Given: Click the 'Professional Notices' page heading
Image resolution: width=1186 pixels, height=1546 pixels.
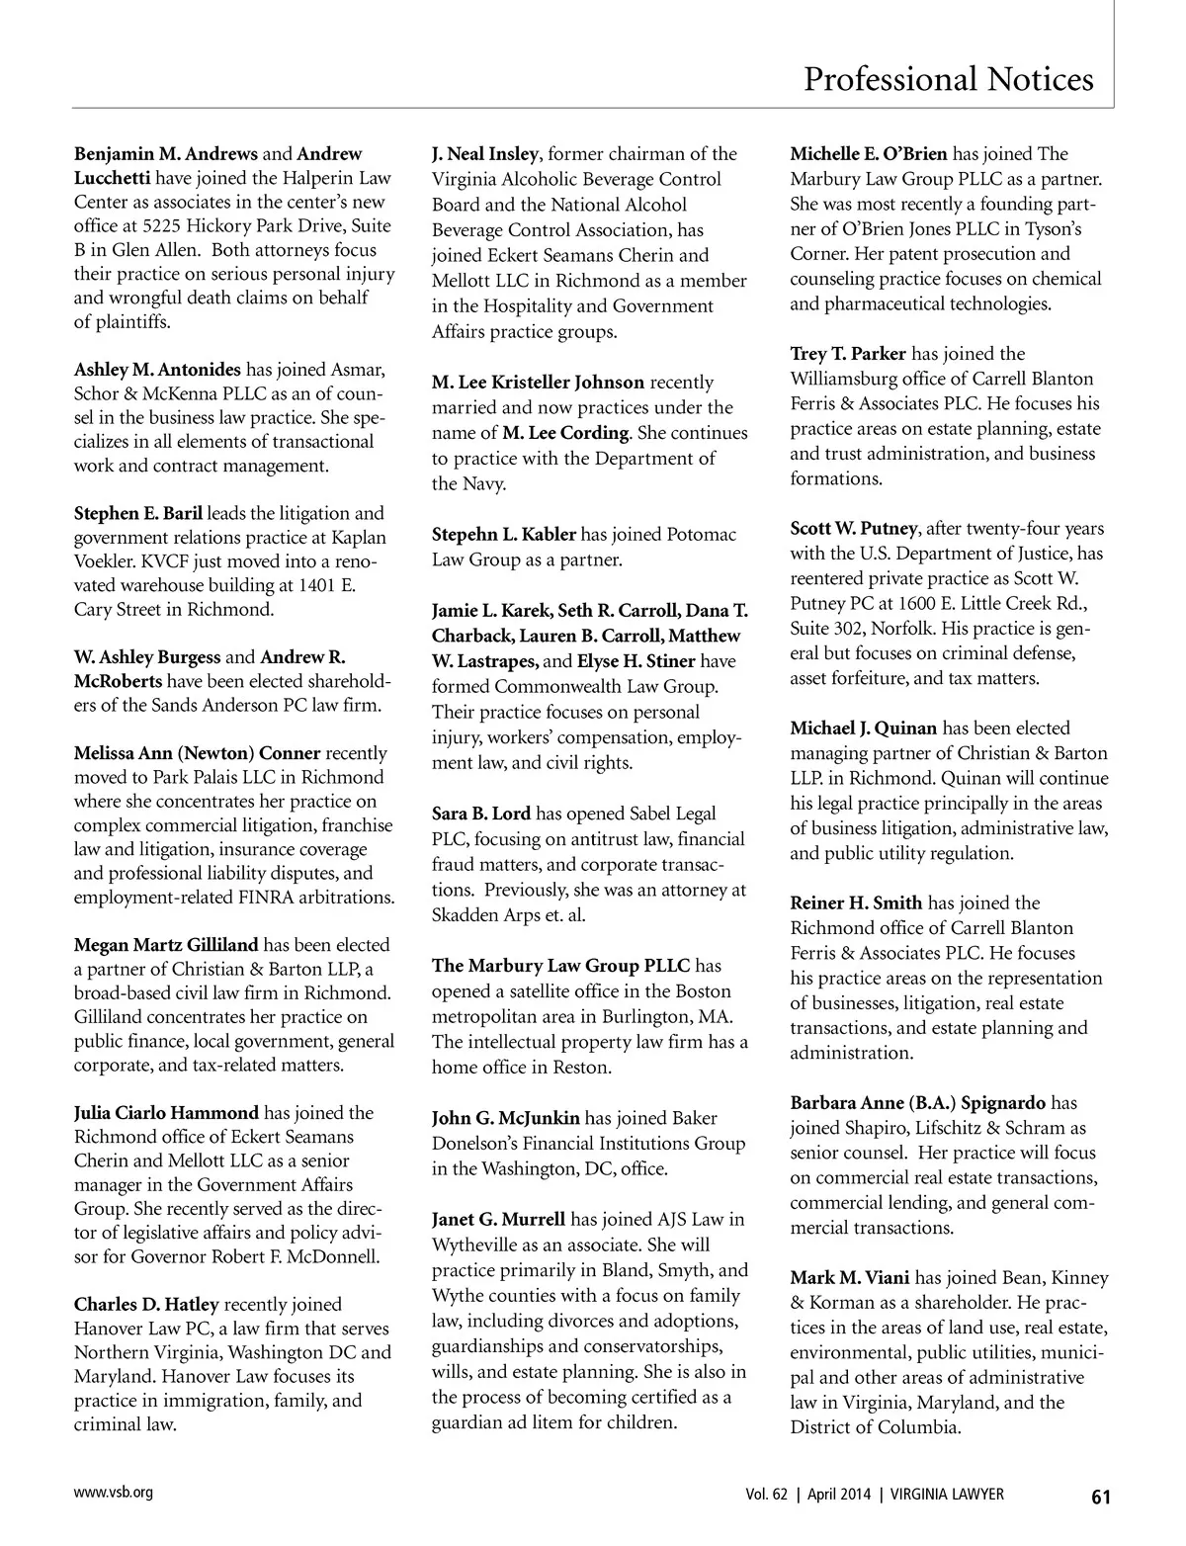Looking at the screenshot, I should pyautogui.click(x=948, y=78).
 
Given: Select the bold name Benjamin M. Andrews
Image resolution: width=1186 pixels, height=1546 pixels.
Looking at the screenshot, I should pyautogui.click(x=166, y=154).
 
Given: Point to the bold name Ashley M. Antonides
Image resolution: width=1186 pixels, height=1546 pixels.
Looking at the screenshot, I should pyautogui.click(x=157, y=370).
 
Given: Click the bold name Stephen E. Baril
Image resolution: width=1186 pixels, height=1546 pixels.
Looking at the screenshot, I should pyautogui.click(x=138, y=513).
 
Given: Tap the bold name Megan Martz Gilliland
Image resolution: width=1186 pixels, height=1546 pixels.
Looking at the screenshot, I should pyautogui.click(x=166, y=945).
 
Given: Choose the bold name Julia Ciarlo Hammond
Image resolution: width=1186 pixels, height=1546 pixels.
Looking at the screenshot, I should pyautogui.click(x=166, y=1113).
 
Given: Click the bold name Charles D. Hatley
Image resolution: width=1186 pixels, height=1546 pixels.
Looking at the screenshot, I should pyautogui.click(x=145, y=1305).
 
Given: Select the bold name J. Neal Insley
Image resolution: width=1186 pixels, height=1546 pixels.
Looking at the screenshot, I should pyautogui.click(x=485, y=154).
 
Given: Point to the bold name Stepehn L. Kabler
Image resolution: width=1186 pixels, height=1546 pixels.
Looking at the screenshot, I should pyautogui.click(x=504, y=535).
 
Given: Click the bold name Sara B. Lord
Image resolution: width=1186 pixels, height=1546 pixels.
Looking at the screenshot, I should pyautogui.click(x=481, y=815).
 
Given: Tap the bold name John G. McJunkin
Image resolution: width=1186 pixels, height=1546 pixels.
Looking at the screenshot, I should pyautogui.click(x=506, y=1119).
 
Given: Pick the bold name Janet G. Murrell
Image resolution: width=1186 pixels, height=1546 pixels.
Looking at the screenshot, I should pyautogui.click(x=499, y=1220).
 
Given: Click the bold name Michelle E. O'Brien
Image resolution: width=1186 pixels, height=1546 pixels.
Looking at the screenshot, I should pyautogui.click(x=869, y=154).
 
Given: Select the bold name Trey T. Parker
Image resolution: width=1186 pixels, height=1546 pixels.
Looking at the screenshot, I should pyautogui.click(x=848, y=354).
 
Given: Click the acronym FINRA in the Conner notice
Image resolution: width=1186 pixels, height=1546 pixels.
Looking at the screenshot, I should pyautogui.click(x=298, y=898).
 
